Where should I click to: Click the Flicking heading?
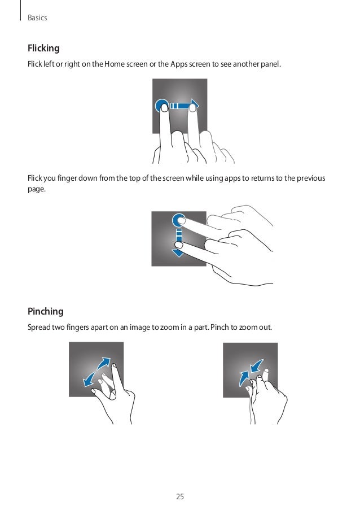point(43,49)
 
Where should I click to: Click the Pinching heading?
point(46,312)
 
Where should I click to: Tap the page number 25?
point(180,496)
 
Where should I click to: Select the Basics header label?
point(37,18)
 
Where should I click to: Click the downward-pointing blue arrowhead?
point(178,252)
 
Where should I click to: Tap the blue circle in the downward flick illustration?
point(178,221)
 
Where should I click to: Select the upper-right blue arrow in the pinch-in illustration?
point(257,366)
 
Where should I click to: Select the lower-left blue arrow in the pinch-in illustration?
point(244,378)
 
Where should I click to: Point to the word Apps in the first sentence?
point(179,64)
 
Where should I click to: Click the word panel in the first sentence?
point(270,64)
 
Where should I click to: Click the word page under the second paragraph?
point(36,190)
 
